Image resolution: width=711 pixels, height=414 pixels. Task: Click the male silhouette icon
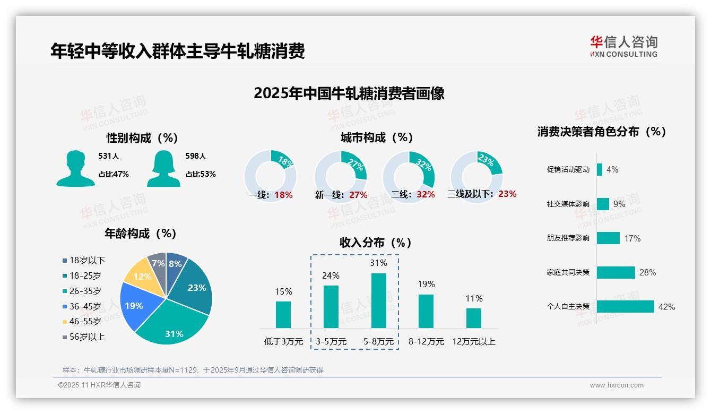75,168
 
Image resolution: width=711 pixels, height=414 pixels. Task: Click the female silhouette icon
163,168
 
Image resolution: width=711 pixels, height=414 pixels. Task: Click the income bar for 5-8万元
379,300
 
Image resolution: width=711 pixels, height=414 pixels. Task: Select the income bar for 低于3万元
283,314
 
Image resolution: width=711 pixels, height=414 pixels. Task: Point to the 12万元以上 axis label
473,341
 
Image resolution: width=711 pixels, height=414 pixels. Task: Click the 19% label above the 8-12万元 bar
426,284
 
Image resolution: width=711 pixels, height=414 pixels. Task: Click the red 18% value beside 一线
284,195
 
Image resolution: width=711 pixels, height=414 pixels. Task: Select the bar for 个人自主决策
625,306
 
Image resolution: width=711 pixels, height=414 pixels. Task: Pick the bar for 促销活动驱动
600,169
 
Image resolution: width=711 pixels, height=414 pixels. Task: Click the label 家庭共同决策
568,272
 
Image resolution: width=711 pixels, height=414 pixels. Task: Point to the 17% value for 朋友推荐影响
632,238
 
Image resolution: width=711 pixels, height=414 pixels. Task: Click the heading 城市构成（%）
377,137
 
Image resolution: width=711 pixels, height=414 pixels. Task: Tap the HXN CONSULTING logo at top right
623,47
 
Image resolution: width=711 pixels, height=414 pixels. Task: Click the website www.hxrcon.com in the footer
617,385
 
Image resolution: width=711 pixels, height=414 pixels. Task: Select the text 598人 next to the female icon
195,156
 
